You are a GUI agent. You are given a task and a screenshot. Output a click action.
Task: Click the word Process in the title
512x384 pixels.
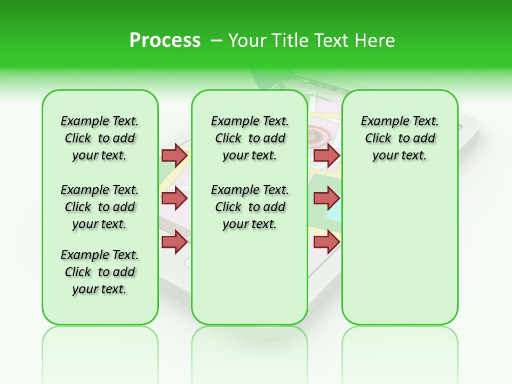[165, 41]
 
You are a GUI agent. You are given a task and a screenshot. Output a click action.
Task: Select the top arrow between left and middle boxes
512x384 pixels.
[174, 155]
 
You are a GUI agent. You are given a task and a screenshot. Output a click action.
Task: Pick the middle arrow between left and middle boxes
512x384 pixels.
[174, 198]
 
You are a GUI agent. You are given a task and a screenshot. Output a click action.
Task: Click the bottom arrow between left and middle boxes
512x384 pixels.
[174, 242]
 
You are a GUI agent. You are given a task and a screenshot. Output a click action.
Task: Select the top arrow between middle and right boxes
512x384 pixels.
[326, 155]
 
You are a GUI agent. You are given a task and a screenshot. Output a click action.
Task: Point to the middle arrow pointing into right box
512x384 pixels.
[326, 198]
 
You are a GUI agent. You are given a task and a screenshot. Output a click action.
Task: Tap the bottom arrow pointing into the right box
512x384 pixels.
[326, 242]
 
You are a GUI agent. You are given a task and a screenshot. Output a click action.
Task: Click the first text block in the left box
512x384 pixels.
[100, 138]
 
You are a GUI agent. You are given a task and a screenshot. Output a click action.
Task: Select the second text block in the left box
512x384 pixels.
[100, 207]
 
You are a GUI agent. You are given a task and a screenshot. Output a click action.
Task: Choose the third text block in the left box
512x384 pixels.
[100, 272]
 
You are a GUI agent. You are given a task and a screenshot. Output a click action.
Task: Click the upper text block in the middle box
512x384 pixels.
[250, 138]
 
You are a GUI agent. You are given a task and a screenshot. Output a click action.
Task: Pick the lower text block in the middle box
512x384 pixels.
[250, 207]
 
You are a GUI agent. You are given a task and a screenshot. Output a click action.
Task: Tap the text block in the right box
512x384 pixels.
[400, 138]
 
